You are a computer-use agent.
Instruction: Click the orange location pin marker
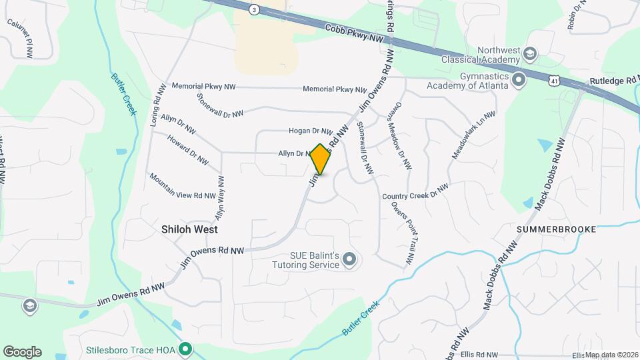(321, 159)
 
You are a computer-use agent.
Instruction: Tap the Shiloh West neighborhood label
(189, 228)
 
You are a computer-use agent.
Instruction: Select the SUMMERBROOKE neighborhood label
(556, 229)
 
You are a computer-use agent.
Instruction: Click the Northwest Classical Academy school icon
(531, 53)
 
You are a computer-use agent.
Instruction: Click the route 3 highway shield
(254, 9)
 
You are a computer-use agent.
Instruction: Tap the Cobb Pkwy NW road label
(355, 35)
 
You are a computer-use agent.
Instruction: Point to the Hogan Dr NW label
(310, 131)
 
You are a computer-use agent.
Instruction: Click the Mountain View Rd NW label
(182, 187)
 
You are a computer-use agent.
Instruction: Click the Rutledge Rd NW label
(613, 81)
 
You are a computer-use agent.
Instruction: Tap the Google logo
(22, 351)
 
